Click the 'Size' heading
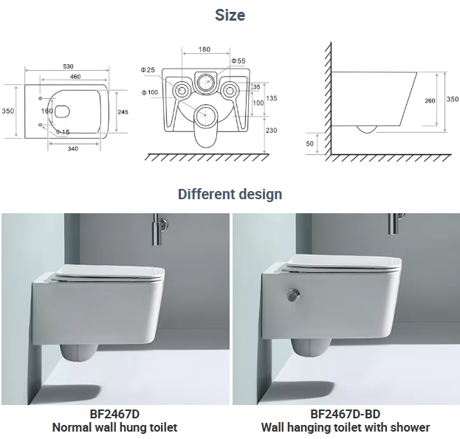[230, 15]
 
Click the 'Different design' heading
[230, 194]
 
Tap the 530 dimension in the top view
[68, 66]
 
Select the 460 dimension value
[75, 77]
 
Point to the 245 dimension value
[123, 112]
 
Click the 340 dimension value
[73, 149]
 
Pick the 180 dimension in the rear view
[205, 49]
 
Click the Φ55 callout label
[238, 61]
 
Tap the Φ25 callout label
[148, 70]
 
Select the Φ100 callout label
[150, 93]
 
